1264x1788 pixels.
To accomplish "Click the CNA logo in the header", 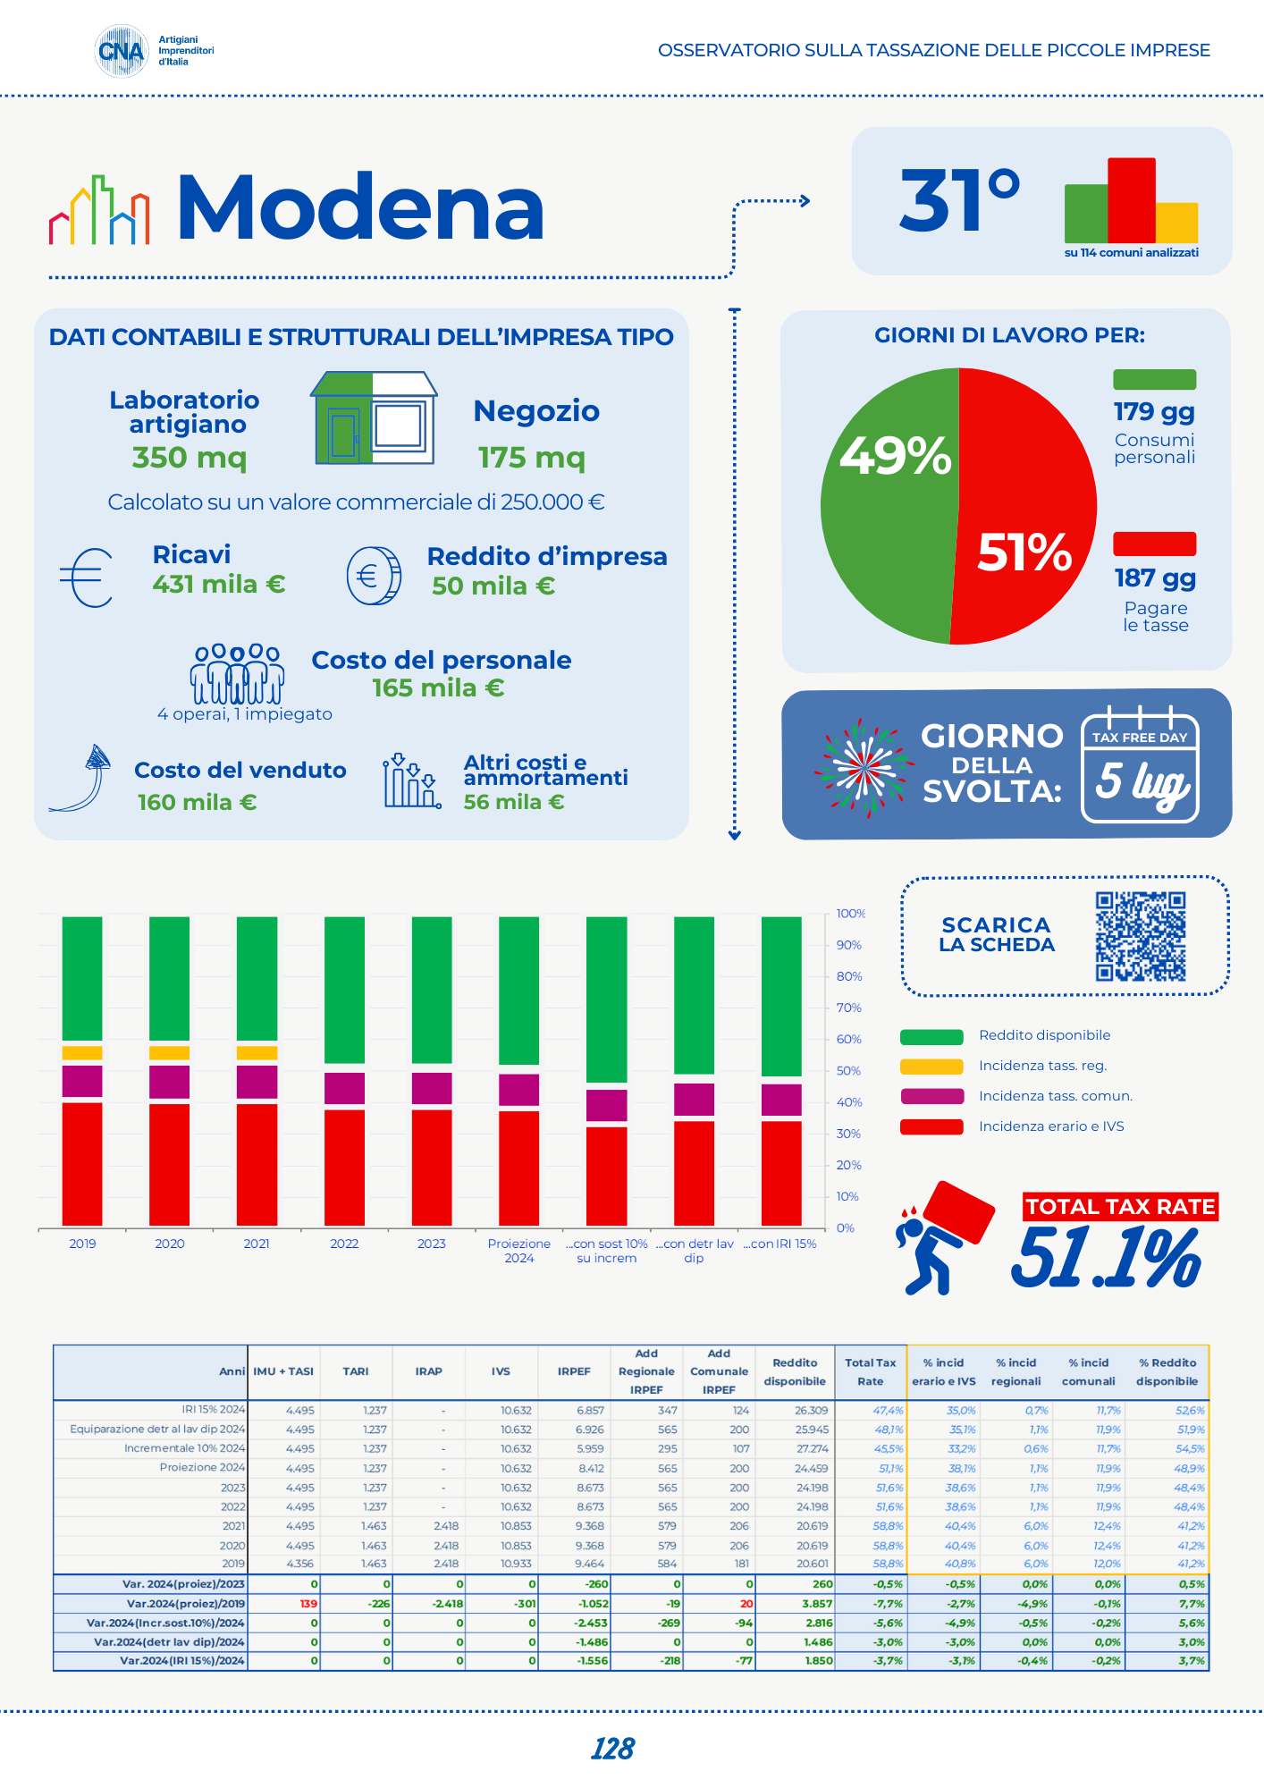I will click(x=122, y=51).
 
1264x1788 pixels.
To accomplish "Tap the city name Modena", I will click(x=360, y=208).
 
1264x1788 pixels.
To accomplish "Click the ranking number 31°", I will click(x=959, y=200).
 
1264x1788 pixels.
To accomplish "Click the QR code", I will click(x=1141, y=936).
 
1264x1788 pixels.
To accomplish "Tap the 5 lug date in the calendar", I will click(x=1140, y=781).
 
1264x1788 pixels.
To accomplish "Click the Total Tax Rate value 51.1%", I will click(x=1106, y=1256).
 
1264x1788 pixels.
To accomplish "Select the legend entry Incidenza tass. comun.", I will click(x=1055, y=1096).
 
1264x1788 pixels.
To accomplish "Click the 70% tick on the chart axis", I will click(x=848, y=1008).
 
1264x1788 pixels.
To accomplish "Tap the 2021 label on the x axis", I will click(x=257, y=1244).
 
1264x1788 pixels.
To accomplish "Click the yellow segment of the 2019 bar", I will click(x=82, y=1052).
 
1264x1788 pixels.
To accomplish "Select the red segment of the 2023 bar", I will click(x=432, y=1167).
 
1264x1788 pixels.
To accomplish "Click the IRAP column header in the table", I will click(x=428, y=1371).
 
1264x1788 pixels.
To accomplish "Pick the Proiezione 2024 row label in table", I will click(x=202, y=1467).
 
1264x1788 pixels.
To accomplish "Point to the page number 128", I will click(x=612, y=1749).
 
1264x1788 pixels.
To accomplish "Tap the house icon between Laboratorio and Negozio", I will click(x=374, y=418).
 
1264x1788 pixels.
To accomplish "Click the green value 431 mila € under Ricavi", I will click(x=219, y=584).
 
